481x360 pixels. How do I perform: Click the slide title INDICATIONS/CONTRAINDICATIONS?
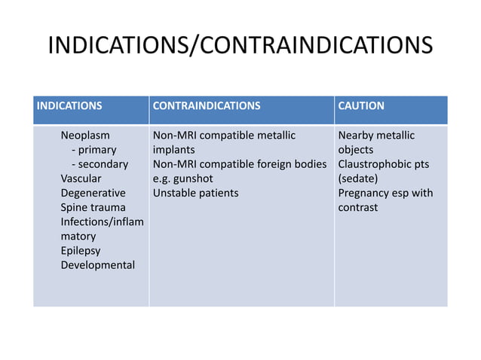click(x=240, y=45)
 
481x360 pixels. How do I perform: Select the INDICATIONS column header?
click(x=69, y=106)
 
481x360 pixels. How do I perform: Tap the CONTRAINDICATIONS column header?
click(x=207, y=106)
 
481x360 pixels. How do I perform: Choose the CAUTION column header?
click(x=361, y=106)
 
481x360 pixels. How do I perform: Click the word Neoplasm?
click(x=85, y=136)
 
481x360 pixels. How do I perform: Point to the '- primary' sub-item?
click(x=93, y=150)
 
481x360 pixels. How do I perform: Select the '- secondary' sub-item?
click(x=100, y=164)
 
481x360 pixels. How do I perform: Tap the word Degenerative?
click(x=93, y=193)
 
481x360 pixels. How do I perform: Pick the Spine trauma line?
click(x=93, y=207)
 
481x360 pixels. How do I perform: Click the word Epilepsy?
click(x=81, y=250)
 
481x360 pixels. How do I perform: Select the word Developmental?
click(x=98, y=265)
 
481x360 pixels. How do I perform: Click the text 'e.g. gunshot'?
click(x=183, y=178)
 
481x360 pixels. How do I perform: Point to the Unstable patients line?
click(x=195, y=193)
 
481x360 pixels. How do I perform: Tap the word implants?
click(x=173, y=150)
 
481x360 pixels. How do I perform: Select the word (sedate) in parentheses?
click(x=358, y=178)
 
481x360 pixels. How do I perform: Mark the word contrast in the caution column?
click(x=358, y=207)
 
